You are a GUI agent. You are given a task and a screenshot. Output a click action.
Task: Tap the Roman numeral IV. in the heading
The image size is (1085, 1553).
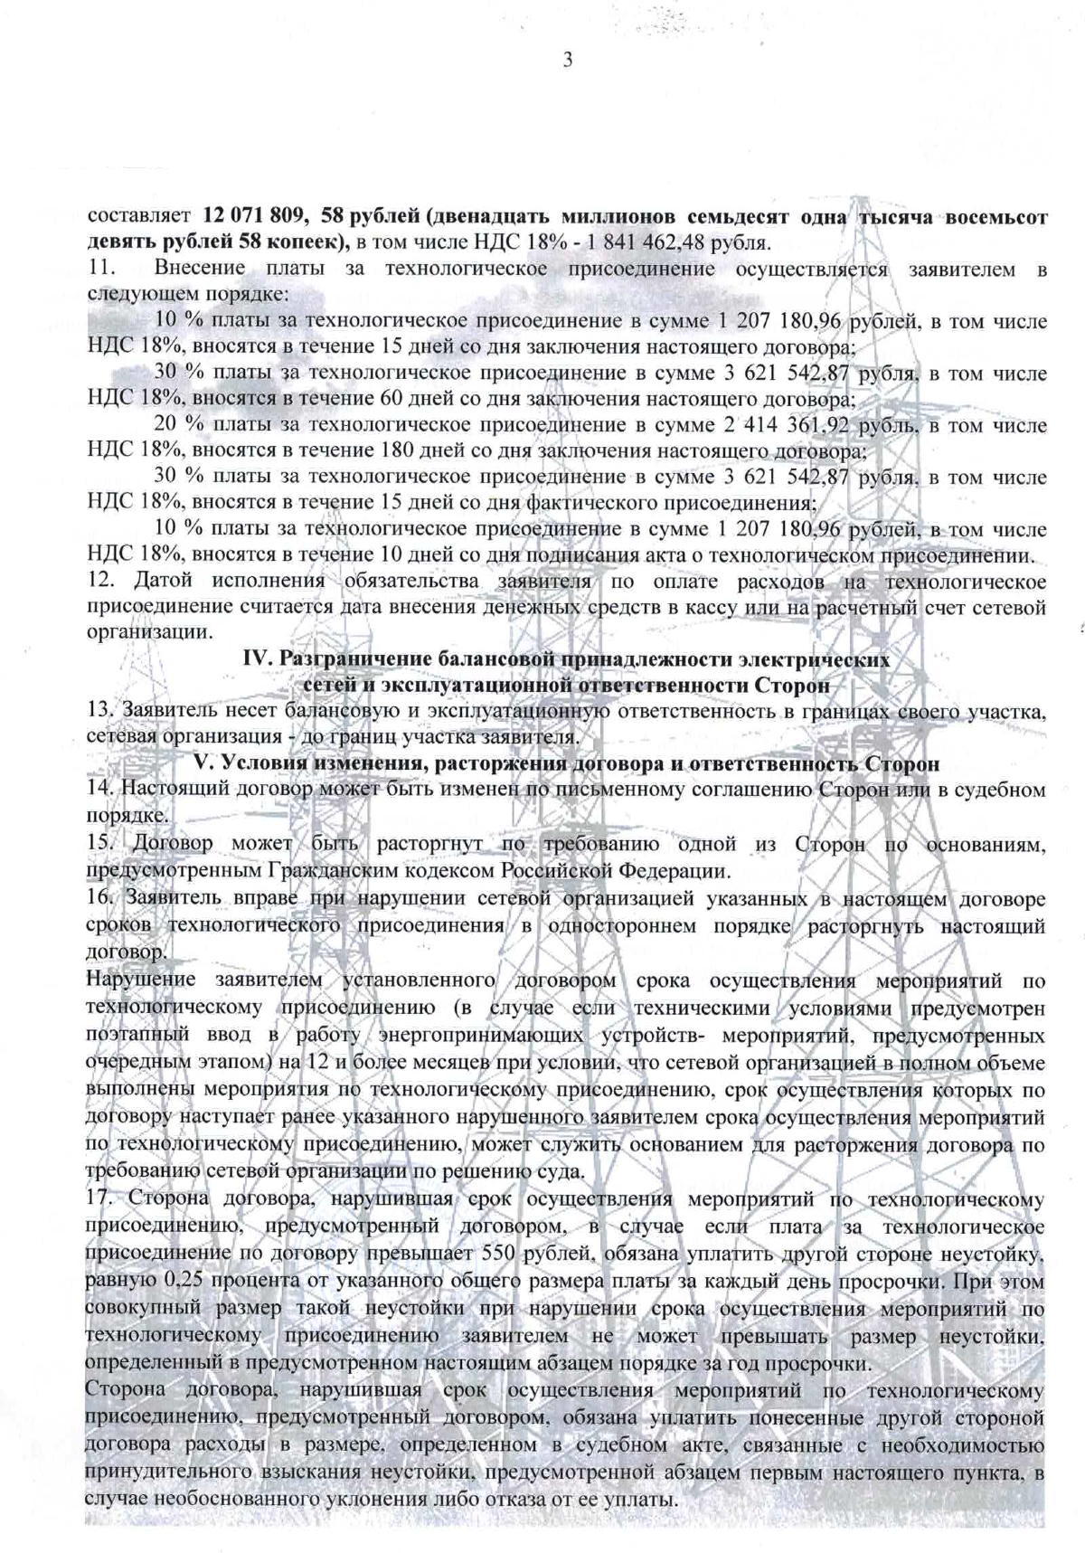pos(256,659)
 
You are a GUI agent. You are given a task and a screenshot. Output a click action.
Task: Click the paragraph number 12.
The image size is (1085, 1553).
pos(99,581)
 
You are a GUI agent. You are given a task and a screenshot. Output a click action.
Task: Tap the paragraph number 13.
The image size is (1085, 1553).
pos(99,711)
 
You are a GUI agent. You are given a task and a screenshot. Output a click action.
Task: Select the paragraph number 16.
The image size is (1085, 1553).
pos(99,900)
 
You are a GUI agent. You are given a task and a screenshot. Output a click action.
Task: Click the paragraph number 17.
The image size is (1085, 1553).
pos(99,1200)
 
